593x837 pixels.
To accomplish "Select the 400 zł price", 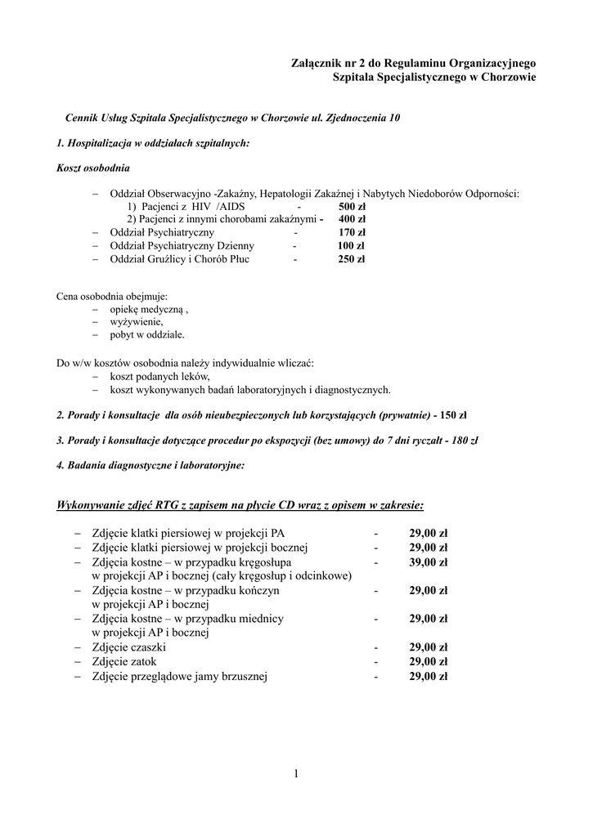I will pos(352,219).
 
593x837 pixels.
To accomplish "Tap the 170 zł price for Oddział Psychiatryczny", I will pos(352,232).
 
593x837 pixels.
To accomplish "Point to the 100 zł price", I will pos(352,245).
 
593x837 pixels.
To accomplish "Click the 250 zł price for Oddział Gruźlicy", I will pos(352,259).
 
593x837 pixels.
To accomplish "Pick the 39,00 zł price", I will pos(429,562).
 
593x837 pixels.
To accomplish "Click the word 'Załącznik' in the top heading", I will pos(321,62).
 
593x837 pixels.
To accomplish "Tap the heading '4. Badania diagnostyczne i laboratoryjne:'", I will pos(150,465).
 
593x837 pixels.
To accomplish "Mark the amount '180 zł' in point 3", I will pos(464,440).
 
